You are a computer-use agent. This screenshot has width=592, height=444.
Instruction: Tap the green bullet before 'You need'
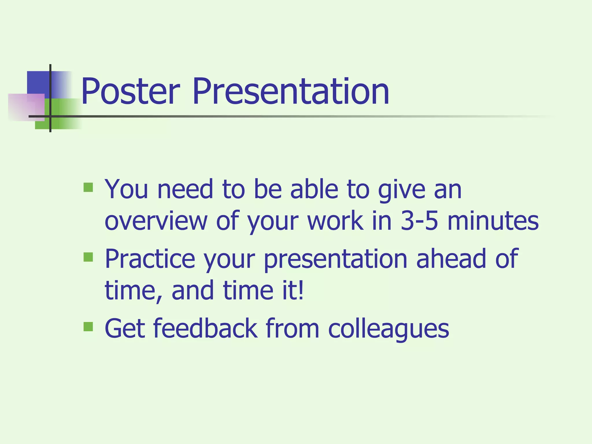point(88,187)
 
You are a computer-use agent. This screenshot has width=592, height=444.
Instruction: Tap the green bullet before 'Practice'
point(88,257)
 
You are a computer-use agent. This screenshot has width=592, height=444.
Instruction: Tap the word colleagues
point(388,329)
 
